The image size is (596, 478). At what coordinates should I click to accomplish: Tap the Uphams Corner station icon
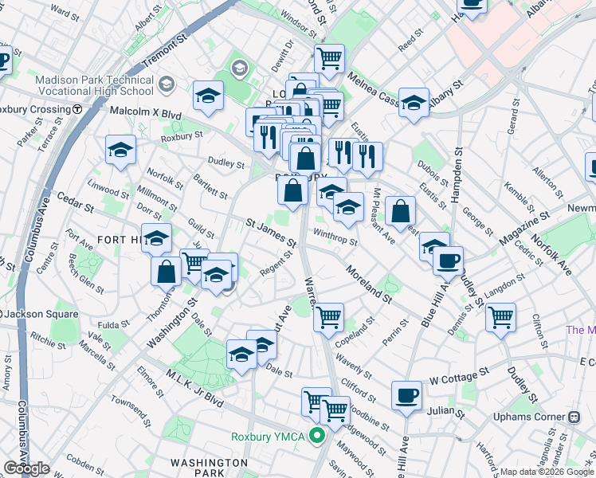tap(574, 417)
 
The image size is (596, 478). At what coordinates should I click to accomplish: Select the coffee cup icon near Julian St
tap(406, 395)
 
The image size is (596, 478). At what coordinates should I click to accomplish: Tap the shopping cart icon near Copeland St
tap(328, 317)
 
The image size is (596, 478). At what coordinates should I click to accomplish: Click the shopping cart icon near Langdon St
tap(500, 317)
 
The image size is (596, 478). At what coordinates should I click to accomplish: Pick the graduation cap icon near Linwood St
tap(120, 150)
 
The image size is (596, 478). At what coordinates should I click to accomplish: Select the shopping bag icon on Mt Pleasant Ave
tap(400, 212)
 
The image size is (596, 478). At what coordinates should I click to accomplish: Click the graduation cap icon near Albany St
tap(414, 103)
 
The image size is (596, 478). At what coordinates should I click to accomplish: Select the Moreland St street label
tap(368, 284)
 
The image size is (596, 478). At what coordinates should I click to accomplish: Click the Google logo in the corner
tap(26, 468)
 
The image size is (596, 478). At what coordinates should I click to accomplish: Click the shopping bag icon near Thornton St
tap(166, 271)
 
